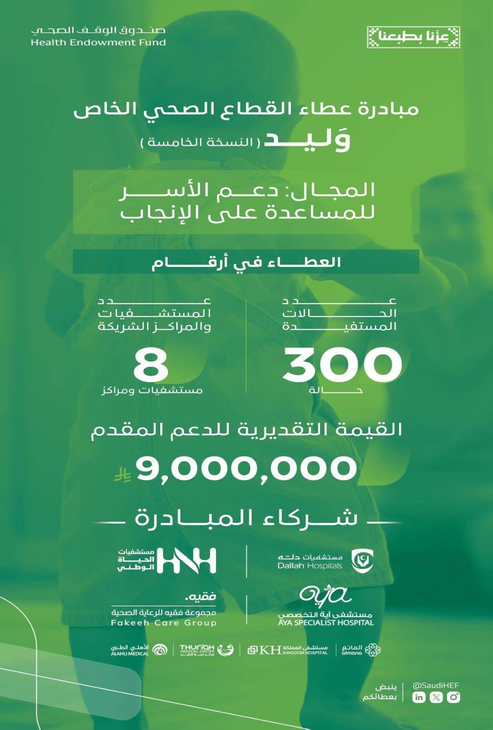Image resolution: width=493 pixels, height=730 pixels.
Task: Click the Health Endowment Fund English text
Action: [98, 42]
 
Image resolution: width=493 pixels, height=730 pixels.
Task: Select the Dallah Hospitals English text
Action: [310, 566]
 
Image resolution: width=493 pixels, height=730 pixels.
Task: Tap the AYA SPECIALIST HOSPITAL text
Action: [325, 622]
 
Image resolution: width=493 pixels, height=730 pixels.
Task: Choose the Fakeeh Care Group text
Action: [164, 623]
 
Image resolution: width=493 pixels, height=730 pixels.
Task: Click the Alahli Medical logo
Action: [136, 650]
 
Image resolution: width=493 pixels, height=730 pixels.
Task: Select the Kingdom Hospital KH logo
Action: [288, 650]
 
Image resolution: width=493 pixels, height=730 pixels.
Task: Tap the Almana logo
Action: [361, 650]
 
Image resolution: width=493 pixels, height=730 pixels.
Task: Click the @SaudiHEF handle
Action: [435, 685]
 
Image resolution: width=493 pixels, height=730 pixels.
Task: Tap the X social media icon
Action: [436, 697]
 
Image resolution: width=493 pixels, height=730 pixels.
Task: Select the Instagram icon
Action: [453, 697]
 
